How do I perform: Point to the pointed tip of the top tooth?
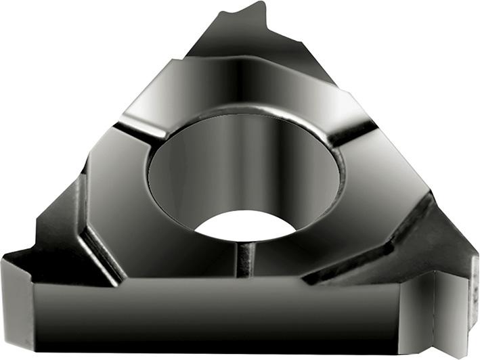tap(257, 5)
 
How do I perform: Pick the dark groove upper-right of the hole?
tap(352, 132)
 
